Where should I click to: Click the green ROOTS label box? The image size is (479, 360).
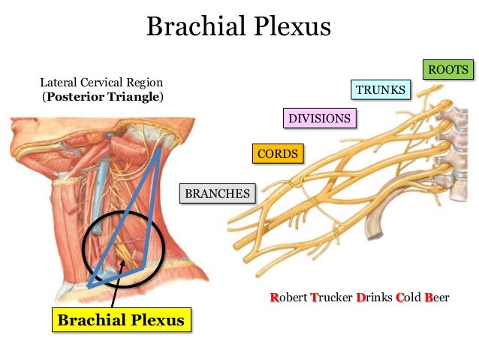click(x=448, y=70)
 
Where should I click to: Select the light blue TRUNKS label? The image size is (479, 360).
click(x=381, y=90)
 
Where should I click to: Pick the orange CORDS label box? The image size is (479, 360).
click(x=278, y=154)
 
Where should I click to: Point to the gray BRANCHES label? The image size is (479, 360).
click(x=217, y=194)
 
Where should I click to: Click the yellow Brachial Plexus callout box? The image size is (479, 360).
click(x=121, y=320)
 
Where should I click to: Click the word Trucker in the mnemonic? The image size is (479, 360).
click(x=331, y=298)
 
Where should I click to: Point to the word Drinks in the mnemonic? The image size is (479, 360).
click(x=375, y=298)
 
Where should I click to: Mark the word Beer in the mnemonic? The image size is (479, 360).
click(x=437, y=298)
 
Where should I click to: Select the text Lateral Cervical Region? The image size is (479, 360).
click(x=101, y=81)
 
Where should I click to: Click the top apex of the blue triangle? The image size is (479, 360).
click(x=159, y=149)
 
